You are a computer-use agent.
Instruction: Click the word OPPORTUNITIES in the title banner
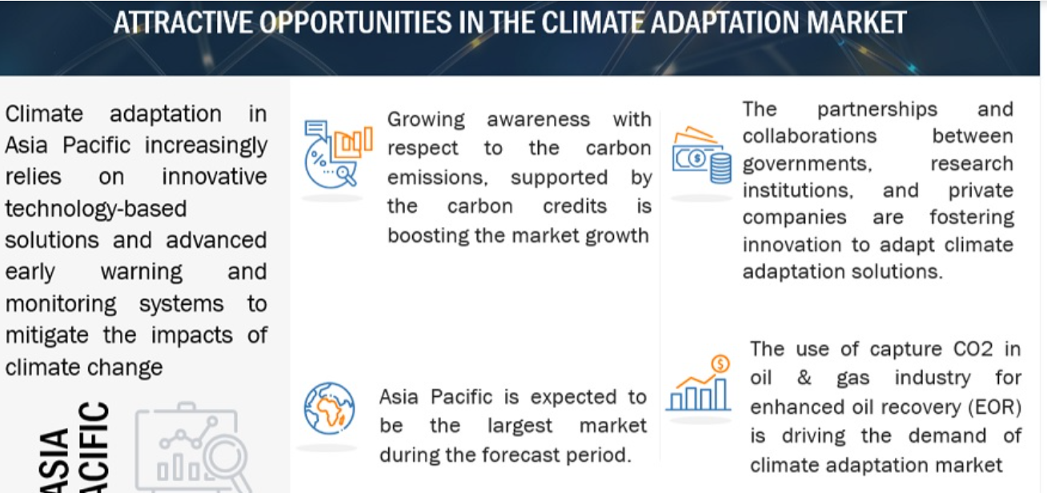click(x=355, y=23)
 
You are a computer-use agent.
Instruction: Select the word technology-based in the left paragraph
click(x=96, y=209)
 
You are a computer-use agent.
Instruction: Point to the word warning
click(x=142, y=272)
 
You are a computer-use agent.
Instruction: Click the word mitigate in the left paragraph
click(x=46, y=335)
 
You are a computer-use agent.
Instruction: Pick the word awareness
click(x=538, y=119)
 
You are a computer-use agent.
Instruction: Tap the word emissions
click(x=438, y=178)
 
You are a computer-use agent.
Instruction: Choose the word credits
click(x=575, y=206)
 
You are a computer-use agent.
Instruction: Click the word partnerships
click(x=877, y=110)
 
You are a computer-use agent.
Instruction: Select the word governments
click(x=807, y=164)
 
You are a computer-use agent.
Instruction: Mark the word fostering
click(x=971, y=218)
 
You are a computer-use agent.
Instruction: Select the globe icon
click(x=329, y=408)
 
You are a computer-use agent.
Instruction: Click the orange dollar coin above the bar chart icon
click(x=720, y=363)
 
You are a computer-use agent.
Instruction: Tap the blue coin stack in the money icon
click(x=720, y=169)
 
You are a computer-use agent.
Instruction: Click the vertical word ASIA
click(x=54, y=460)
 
